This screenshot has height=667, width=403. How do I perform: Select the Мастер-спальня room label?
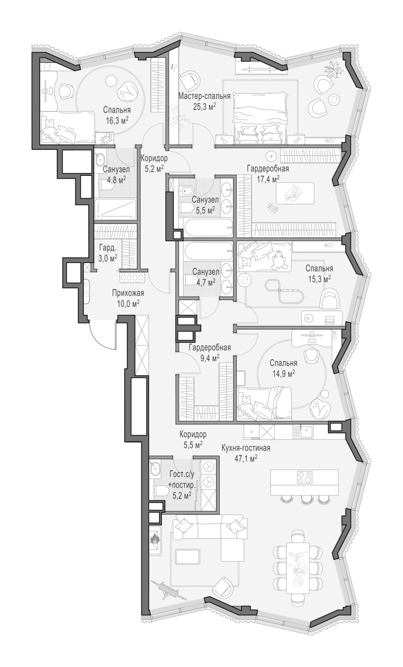[204, 96]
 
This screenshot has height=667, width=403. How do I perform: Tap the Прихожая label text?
[128, 293]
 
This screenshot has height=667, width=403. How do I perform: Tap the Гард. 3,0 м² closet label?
[108, 253]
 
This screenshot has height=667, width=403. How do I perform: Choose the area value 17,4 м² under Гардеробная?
[268, 179]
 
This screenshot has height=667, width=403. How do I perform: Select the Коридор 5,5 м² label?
[193, 439]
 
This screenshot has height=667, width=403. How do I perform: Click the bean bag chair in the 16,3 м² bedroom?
[128, 92]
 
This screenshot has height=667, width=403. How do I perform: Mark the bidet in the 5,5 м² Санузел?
[186, 190]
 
